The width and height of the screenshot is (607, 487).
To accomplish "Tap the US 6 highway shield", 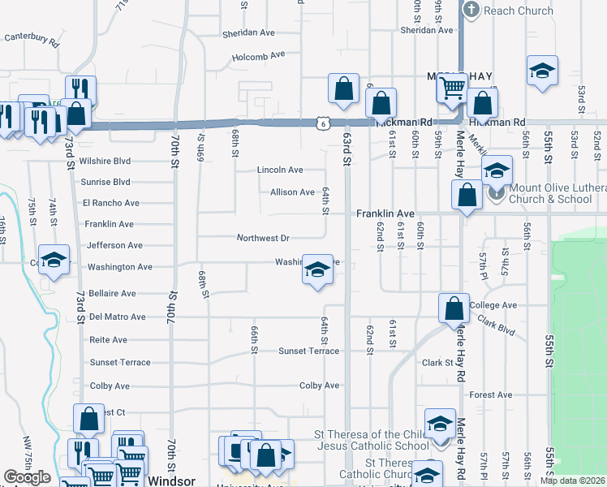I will click(323, 123).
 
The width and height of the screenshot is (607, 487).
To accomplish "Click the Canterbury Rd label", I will click(32, 38).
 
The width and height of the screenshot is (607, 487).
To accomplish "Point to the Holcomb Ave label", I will click(259, 56).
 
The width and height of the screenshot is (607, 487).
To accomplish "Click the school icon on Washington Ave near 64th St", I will click(317, 269).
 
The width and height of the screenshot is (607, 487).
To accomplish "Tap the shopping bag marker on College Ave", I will click(454, 308).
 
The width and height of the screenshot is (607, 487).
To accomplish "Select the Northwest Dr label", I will click(263, 238).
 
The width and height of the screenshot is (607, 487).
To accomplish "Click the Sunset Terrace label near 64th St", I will click(308, 351).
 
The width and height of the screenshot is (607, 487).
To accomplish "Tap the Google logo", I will click(28, 477).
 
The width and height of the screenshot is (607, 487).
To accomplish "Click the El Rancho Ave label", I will click(110, 203).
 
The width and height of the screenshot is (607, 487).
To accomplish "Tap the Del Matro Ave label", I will click(117, 317).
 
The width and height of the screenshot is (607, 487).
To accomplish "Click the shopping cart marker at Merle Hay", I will click(453, 87).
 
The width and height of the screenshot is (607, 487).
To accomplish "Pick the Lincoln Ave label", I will click(280, 170).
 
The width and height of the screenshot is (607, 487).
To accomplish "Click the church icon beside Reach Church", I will click(471, 10).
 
